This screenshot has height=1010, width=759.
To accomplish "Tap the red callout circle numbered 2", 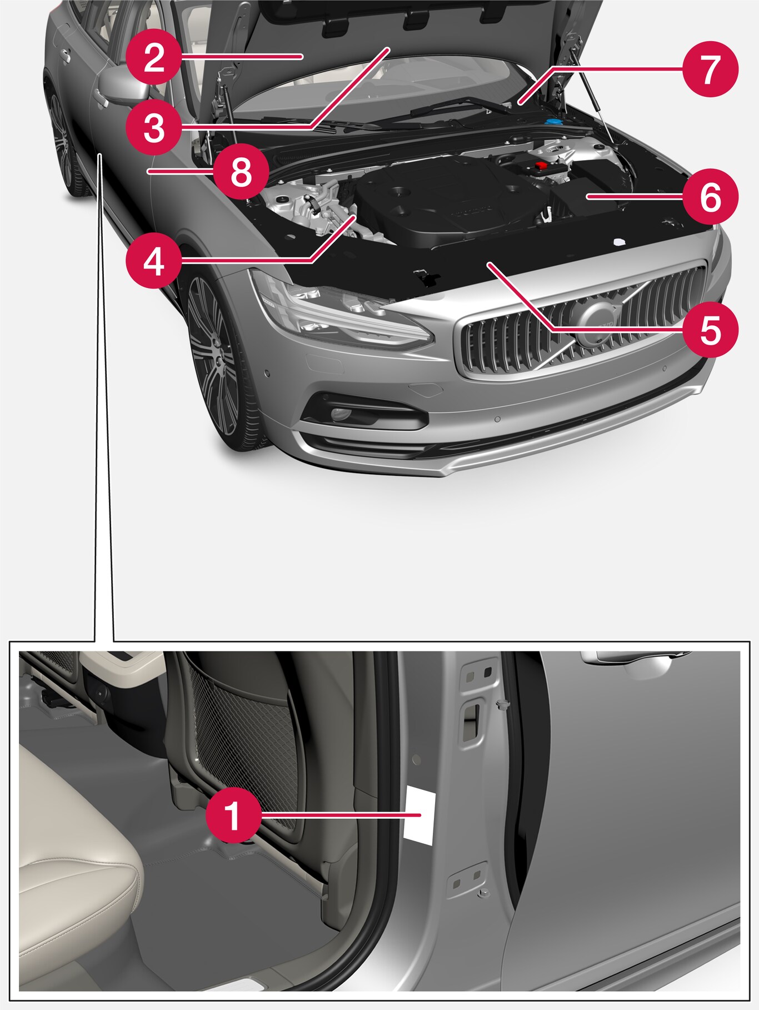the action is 154,57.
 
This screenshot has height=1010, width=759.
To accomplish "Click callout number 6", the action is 711,197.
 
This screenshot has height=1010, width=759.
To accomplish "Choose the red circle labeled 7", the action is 711,69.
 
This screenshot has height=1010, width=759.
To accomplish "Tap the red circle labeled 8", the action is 241,172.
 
